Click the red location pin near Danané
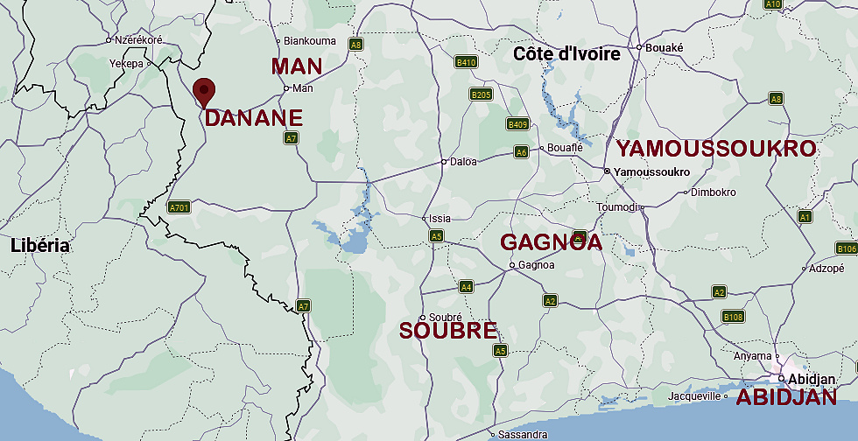point(204,90)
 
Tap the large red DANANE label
point(254,118)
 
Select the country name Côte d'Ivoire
point(566,54)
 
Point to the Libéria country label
point(40,246)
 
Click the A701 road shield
point(179,207)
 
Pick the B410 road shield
point(466,62)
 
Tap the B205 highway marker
point(481,94)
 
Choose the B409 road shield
point(518,125)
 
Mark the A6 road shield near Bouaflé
point(521,152)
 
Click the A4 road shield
point(466,286)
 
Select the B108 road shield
point(733,316)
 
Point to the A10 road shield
point(773,4)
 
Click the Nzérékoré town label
point(138,39)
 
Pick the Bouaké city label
point(664,47)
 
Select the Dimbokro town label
point(714,192)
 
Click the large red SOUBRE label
point(448,331)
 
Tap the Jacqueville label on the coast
point(693,396)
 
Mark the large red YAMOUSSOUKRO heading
point(715,149)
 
